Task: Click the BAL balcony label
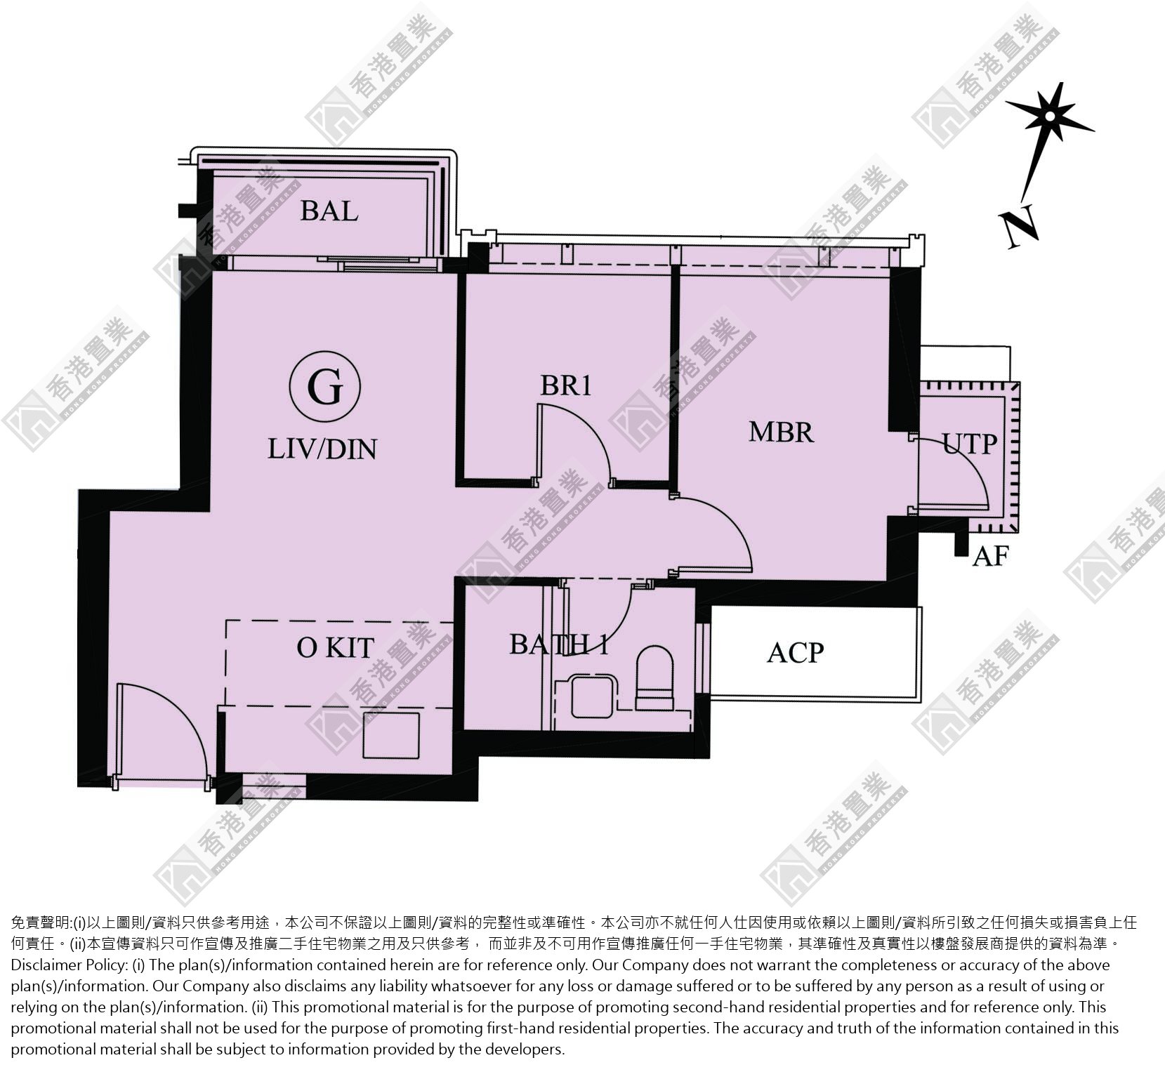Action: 329,210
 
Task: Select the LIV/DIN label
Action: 322,449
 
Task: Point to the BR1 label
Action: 566,385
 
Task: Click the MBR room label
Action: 781,432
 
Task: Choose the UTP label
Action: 970,444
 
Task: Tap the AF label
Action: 990,557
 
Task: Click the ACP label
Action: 795,653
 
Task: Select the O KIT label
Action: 335,647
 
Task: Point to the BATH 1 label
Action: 559,644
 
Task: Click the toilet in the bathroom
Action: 655,678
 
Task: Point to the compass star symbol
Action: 1049,116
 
